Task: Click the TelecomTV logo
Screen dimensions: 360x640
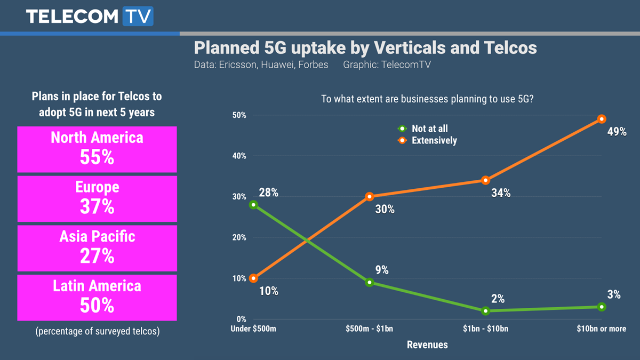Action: point(90,16)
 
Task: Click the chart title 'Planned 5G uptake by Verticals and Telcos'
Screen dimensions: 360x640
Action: point(365,48)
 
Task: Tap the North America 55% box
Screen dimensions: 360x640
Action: point(97,149)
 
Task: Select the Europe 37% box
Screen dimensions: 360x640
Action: point(97,198)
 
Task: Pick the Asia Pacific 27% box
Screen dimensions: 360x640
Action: point(97,248)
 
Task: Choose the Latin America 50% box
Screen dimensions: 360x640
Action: point(97,298)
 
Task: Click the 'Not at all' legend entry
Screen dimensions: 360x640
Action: point(424,129)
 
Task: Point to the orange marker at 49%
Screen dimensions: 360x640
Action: point(601,119)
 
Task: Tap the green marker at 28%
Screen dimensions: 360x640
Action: point(253,205)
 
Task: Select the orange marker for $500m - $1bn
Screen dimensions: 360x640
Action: point(369,197)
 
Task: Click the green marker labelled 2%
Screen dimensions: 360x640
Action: point(485,311)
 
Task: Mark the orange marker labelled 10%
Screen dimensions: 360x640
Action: point(253,278)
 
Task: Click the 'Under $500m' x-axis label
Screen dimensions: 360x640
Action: point(253,329)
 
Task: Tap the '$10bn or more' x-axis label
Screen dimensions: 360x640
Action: point(601,329)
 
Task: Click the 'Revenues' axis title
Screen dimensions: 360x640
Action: point(427,345)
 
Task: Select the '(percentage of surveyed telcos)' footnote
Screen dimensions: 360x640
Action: point(97,331)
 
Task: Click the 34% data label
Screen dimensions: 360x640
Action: point(500,193)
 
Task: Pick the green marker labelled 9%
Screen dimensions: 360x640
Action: point(369,283)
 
